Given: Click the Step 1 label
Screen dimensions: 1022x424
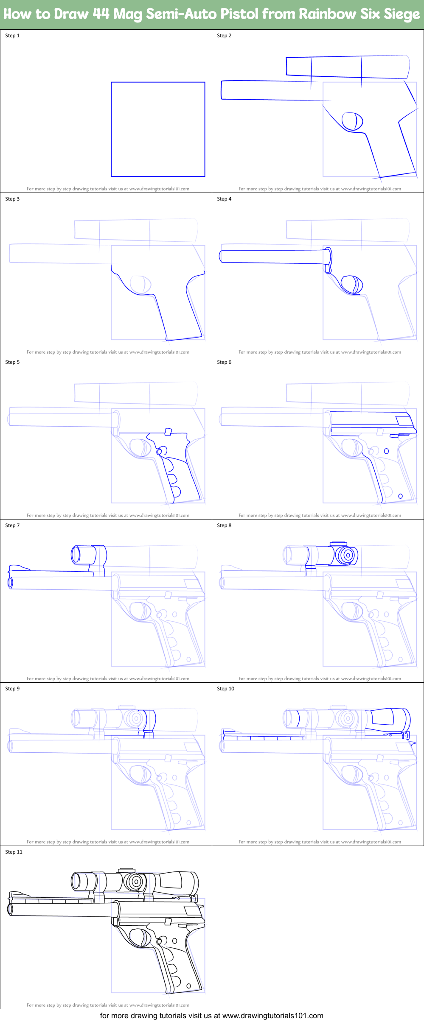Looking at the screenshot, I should [x=12, y=36].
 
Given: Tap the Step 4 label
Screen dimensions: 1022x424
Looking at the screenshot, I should [x=224, y=199].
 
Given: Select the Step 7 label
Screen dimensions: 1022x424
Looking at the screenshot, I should [x=12, y=525].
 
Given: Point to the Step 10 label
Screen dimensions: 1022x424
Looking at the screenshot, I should [x=225, y=689].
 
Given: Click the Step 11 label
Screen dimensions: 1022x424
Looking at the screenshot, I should [x=14, y=852].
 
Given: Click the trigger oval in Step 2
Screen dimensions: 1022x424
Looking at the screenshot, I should [x=352, y=121].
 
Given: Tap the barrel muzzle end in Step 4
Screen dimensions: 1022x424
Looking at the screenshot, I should [x=221, y=257].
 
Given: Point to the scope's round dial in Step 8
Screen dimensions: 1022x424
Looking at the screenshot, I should [x=347, y=555].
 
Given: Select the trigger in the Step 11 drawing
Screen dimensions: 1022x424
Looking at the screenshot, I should [x=138, y=938].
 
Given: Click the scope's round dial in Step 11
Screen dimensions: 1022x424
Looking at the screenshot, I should [x=135, y=882].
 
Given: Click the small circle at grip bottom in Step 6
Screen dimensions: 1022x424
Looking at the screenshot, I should [x=400, y=496].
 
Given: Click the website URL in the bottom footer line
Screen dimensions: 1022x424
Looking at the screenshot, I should [x=272, y=1016].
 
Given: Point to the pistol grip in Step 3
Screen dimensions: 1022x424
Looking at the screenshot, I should [x=178, y=314].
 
